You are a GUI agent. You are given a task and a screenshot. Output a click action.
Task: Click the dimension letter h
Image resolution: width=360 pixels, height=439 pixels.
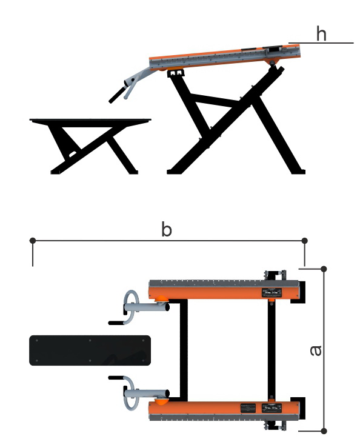[x=321, y=33]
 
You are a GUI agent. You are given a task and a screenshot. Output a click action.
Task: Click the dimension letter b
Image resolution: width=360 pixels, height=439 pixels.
[x=167, y=229]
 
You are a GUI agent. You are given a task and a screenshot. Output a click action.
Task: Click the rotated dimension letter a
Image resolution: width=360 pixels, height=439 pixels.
[x=316, y=350]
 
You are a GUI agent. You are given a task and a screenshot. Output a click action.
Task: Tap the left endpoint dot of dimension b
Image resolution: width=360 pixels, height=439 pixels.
[x=33, y=241]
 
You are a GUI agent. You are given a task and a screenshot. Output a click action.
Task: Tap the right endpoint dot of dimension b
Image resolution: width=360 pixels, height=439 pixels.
[x=305, y=241]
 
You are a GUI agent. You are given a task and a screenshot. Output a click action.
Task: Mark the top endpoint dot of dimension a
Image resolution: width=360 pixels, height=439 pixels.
[x=324, y=269]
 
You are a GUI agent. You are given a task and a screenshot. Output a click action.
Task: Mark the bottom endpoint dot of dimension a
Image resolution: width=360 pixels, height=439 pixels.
[x=324, y=431]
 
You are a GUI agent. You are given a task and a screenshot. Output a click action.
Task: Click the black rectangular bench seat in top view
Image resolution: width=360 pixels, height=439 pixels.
[x=90, y=350]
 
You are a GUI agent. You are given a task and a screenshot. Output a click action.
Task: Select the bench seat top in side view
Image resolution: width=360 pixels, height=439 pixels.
[x=90, y=121]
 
